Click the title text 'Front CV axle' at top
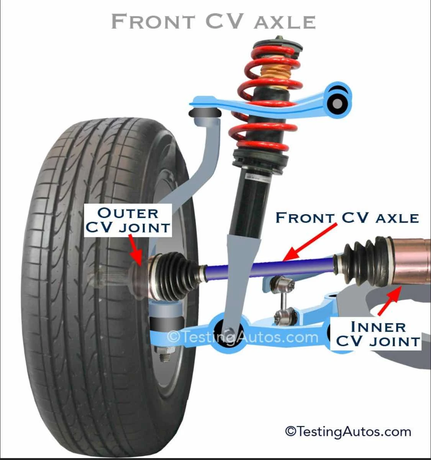[x=213, y=21]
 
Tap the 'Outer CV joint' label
[x=127, y=220]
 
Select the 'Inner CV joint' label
[x=377, y=334]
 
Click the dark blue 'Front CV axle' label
[x=347, y=218]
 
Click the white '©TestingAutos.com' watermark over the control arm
[x=243, y=337]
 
